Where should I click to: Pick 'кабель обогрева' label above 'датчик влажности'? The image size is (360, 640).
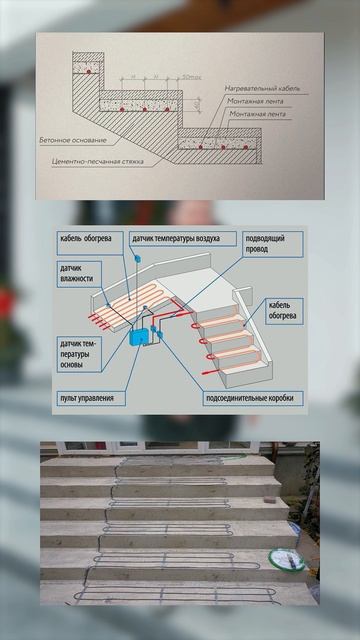92,238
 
